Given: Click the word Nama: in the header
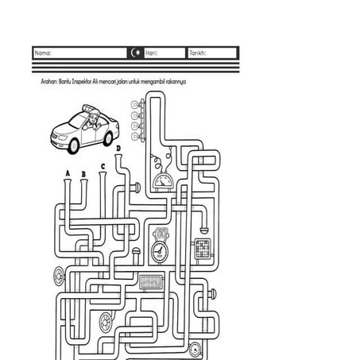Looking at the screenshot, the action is click(x=43, y=53).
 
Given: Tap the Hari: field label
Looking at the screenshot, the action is click(x=152, y=53).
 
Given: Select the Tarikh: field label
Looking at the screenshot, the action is click(x=198, y=53).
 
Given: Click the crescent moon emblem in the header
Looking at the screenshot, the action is click(x=137, y=52).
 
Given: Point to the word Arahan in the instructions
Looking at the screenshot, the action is click(x=49, y=82).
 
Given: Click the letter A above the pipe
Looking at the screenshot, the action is click(x=68, y=173).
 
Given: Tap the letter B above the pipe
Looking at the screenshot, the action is click(x=83, y=174).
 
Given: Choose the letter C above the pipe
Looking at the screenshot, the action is click(x=103, y=167).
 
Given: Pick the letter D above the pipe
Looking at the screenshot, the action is click(x=118, y=149).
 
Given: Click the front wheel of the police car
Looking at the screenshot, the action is click(x=73, y=146).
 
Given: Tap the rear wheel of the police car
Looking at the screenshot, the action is click(x=108, y=138).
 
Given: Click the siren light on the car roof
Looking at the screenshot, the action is click(x=90, y=109).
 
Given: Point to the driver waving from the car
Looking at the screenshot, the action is click(x=92, y=121).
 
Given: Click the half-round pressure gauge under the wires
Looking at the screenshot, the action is click(x=163, y=181).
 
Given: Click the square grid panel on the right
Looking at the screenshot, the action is click(x=203, y=249).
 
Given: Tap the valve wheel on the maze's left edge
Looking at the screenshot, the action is click(x=58, y=277).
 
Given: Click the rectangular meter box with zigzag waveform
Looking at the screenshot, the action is click(x=151, y=282).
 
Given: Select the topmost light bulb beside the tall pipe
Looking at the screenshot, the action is click(x=135, y=105).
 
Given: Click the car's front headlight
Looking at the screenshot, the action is click(x=63, y=137).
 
